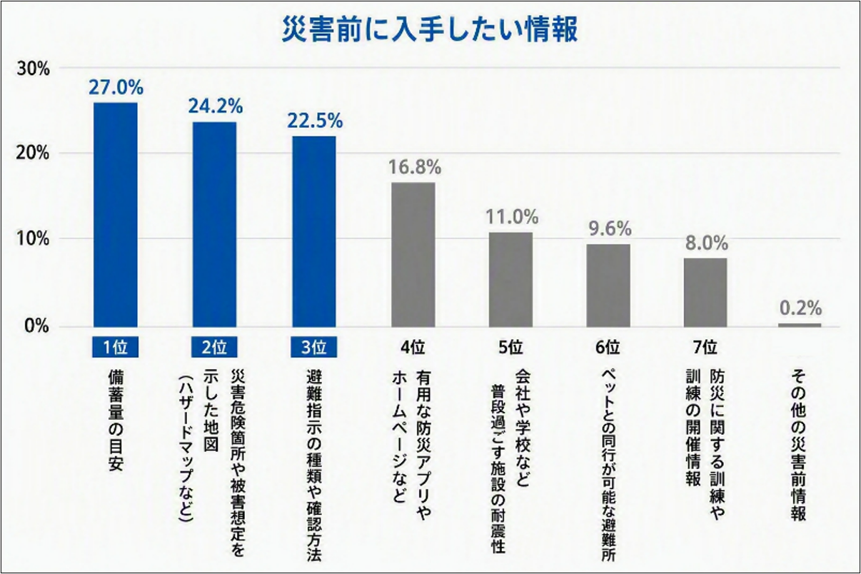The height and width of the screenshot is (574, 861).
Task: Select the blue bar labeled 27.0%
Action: coord(116,215)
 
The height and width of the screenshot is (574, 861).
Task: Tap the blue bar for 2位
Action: coord(214,224)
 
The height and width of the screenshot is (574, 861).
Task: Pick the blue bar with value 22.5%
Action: coord(314,231)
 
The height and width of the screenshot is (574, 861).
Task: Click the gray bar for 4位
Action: coord(413,254)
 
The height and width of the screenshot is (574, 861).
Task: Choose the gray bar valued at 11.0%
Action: coord(511,279)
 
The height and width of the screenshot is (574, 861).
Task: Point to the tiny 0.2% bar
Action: coord(800,326)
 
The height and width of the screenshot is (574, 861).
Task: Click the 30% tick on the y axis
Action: coord(34,69)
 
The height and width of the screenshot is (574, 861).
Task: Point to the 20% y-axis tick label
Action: coord(33,153)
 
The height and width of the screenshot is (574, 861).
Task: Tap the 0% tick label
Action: coord(37,326)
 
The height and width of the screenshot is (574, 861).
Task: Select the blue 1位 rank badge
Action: coord(116,347)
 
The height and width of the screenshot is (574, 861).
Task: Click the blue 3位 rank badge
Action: coord(314,347)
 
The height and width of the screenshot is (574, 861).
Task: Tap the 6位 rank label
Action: coord(608,348)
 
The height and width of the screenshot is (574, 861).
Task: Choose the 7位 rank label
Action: coord(705,348)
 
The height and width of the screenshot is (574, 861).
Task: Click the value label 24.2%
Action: coord(216,106)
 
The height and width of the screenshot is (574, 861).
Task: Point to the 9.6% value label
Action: coord(610,228)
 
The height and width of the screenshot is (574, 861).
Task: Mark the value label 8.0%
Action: coord(707,243)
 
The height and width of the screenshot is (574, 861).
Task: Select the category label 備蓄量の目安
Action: coord(116,421)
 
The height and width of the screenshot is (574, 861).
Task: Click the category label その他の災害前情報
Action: coord(798,445)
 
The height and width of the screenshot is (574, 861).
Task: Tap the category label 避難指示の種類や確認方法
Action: coord(313,466)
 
